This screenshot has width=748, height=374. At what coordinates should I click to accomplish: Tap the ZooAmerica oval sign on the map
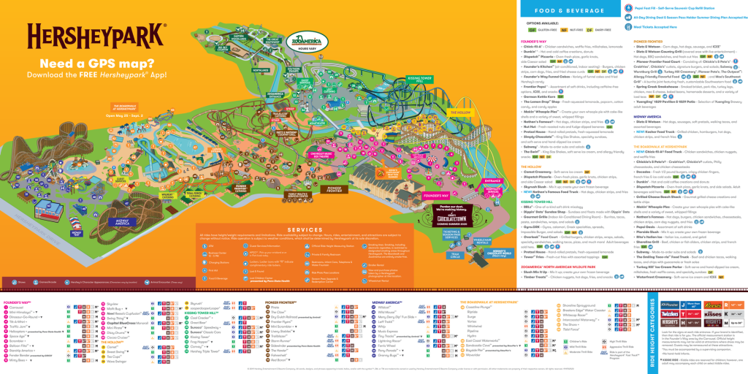pyautogui.click(x=305, y=41)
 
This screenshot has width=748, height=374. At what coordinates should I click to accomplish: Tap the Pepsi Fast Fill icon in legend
pyautogui.click(x=627, y=5)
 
